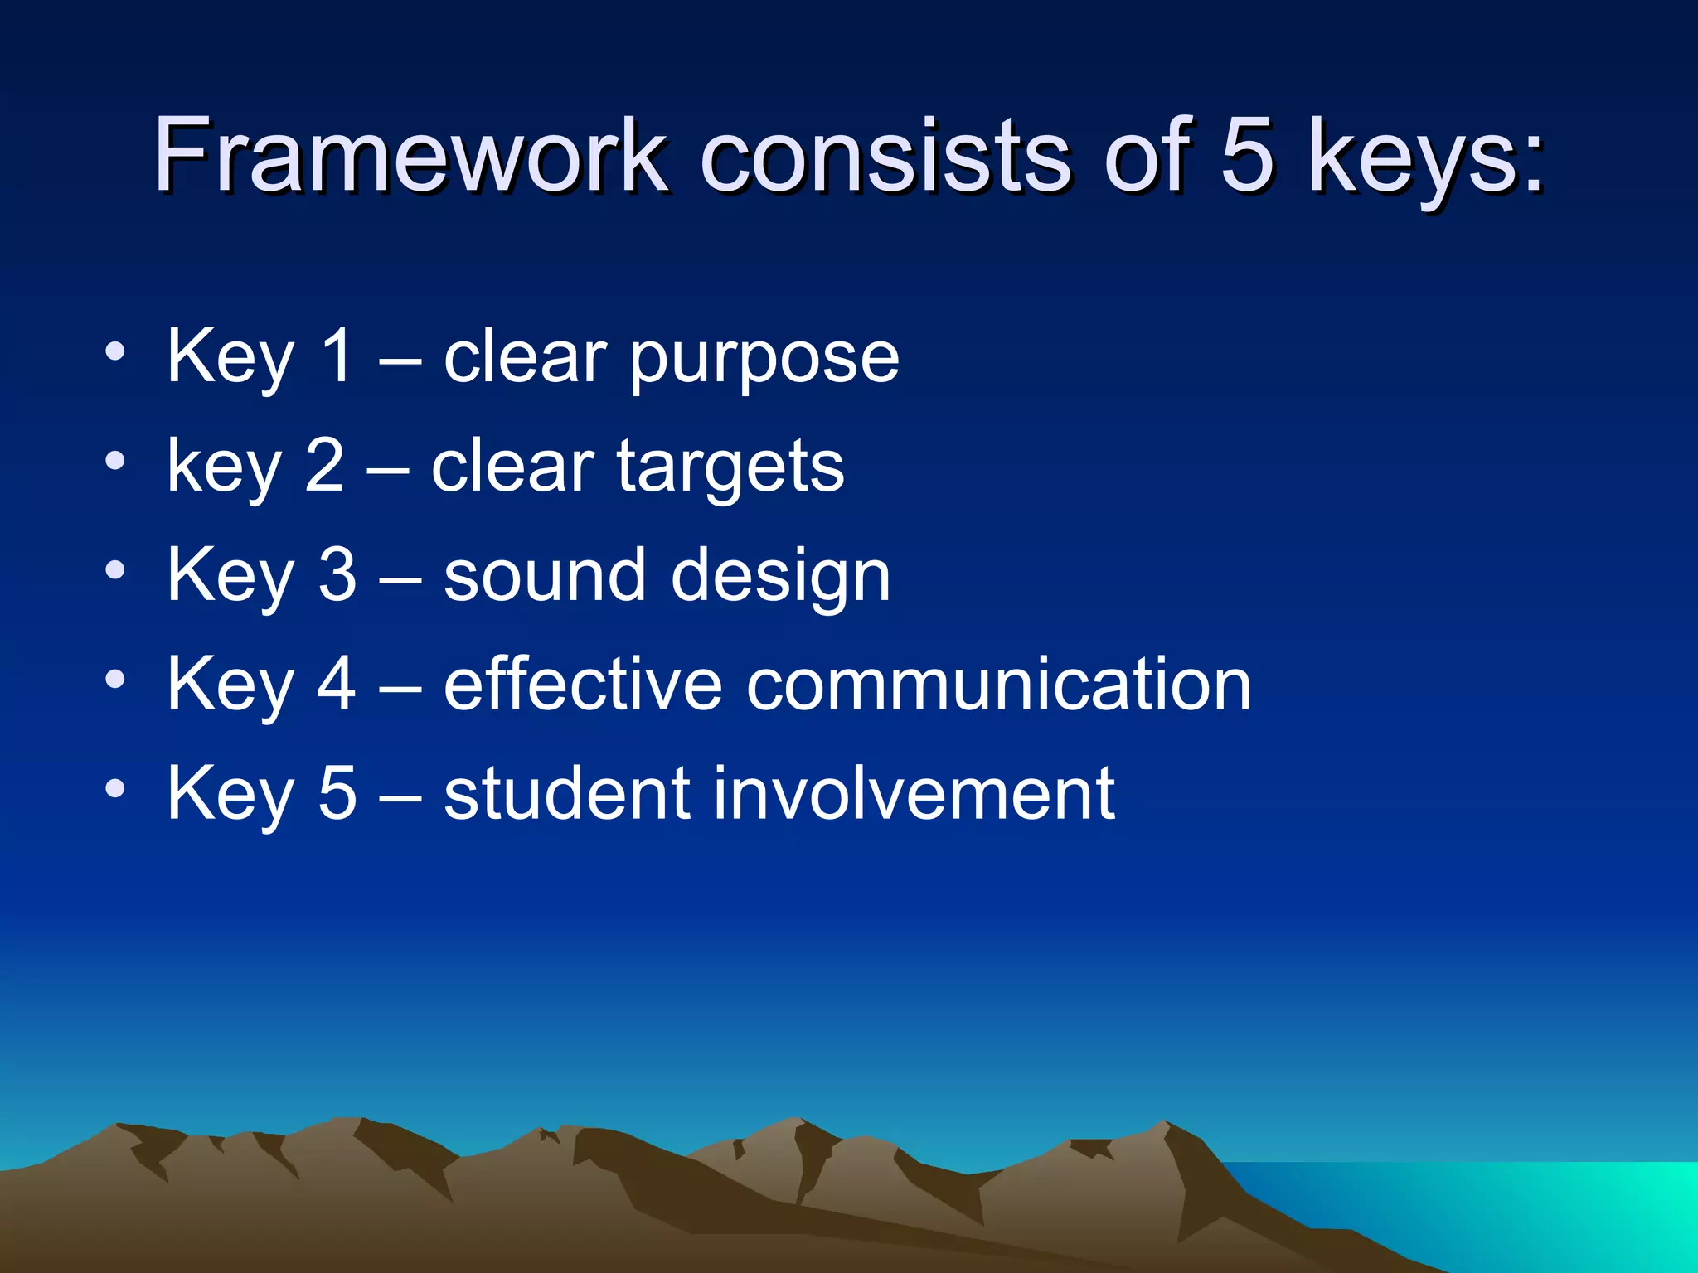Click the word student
pos(567,793)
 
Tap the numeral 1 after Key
pos(337,356)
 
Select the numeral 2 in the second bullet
pos(324,466)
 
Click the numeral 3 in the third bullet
pos(337,575)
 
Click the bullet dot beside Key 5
pos(115,787)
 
